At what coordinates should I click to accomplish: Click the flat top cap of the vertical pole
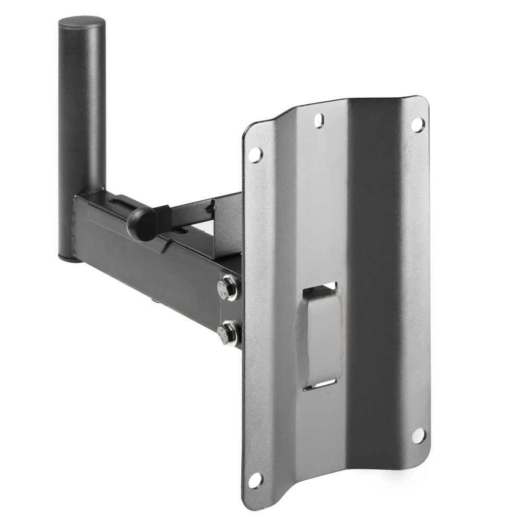tap(81, 23)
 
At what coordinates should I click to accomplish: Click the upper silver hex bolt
tap(228, 287)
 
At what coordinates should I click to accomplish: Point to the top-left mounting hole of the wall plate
tap(254, 155)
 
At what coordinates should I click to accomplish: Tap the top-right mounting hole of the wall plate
tap(417, 124)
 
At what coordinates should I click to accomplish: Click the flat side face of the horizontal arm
tap(146, 271)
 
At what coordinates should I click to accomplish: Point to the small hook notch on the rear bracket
tap(210, 207)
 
